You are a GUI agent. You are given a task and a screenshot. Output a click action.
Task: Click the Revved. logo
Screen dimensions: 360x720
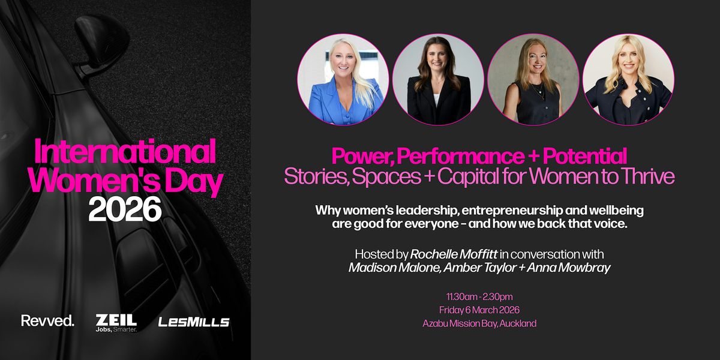(x=47, y=321)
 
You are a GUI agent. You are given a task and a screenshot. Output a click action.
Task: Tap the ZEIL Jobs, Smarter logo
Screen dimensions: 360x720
(x=116, y=322)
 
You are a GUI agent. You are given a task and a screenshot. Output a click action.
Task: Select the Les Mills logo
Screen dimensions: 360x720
(x=194, y=322)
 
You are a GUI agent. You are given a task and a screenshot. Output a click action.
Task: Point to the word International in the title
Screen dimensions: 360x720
(x=125, y=152)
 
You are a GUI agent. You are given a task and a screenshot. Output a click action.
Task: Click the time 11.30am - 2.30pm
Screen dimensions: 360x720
(x=479, y=296)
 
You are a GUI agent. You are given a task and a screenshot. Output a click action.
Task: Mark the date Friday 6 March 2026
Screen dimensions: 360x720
(x=479, y=310)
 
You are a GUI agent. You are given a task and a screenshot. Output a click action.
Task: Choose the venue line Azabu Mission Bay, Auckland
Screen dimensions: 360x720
(x=479, y=323)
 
